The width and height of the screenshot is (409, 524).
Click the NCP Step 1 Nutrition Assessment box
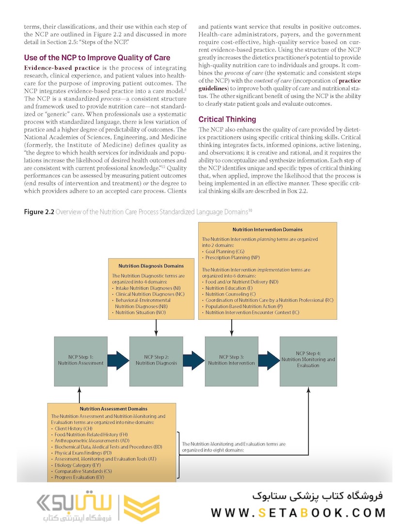point(80,360)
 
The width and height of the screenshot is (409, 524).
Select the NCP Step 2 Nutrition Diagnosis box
point(156,360)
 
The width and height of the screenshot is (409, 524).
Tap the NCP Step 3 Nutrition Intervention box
point(231,360)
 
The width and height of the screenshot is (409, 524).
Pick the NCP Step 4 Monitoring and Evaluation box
point(308,360)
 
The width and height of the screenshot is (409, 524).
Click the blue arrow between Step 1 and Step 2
point(118,360)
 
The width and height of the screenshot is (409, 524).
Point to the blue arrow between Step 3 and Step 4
point(268,360)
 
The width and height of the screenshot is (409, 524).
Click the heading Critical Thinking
point(227,119)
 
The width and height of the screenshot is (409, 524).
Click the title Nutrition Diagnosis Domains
point(151,266)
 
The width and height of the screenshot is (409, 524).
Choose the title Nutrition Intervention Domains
point(267,229)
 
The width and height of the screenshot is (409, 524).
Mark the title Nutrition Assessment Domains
point(113,409)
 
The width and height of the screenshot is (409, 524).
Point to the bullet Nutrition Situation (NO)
point(141,313)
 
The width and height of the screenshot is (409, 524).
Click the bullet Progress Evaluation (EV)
point(79,477)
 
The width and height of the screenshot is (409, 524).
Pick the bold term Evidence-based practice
point(62,67)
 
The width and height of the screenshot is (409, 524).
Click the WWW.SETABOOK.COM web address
point(298,512)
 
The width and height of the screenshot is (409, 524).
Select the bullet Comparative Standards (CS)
point(83,471)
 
